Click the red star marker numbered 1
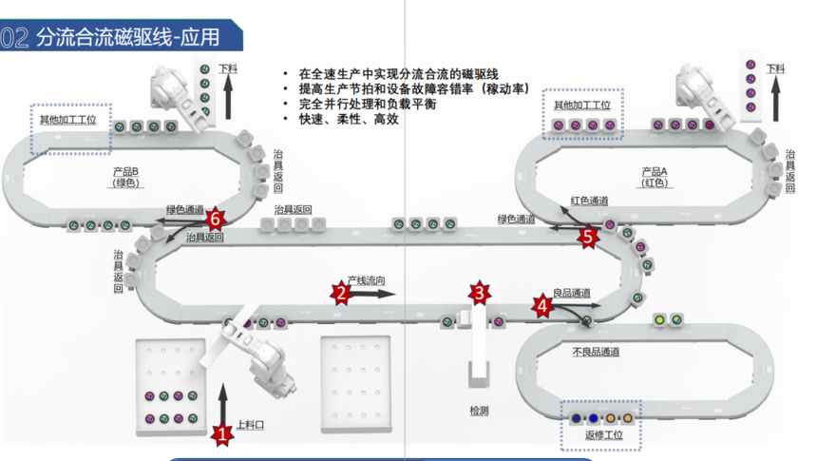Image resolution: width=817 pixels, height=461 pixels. pos(222,434)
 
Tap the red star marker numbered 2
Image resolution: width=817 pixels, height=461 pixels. pos(341,293)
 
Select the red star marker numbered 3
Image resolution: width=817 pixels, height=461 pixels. pos(481,293)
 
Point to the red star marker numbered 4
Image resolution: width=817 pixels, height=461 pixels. pos(542,306)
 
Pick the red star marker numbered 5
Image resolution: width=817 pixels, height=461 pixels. pos(589,237)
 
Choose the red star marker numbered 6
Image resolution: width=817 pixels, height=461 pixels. pos(216,218)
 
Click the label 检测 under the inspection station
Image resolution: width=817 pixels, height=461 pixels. pos(479,411)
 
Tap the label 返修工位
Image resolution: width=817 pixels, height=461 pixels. pos(603,436)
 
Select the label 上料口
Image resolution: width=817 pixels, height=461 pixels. pos(250,425)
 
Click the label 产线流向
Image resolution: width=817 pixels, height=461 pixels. pos(366,281)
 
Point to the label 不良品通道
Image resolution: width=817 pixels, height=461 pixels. pos(597,352)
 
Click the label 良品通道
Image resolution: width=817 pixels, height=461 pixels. pos(572,293)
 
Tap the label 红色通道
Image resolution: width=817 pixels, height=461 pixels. pos(589,202)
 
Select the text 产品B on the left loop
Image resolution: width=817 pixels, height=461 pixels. pos(126,171)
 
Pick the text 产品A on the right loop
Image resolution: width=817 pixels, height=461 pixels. pos(655,171)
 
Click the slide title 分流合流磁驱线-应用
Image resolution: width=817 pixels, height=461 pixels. pos(127,38)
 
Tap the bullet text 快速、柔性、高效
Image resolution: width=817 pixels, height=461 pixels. pos(348,119)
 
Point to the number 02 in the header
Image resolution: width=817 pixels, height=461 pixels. pos(14,38)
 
